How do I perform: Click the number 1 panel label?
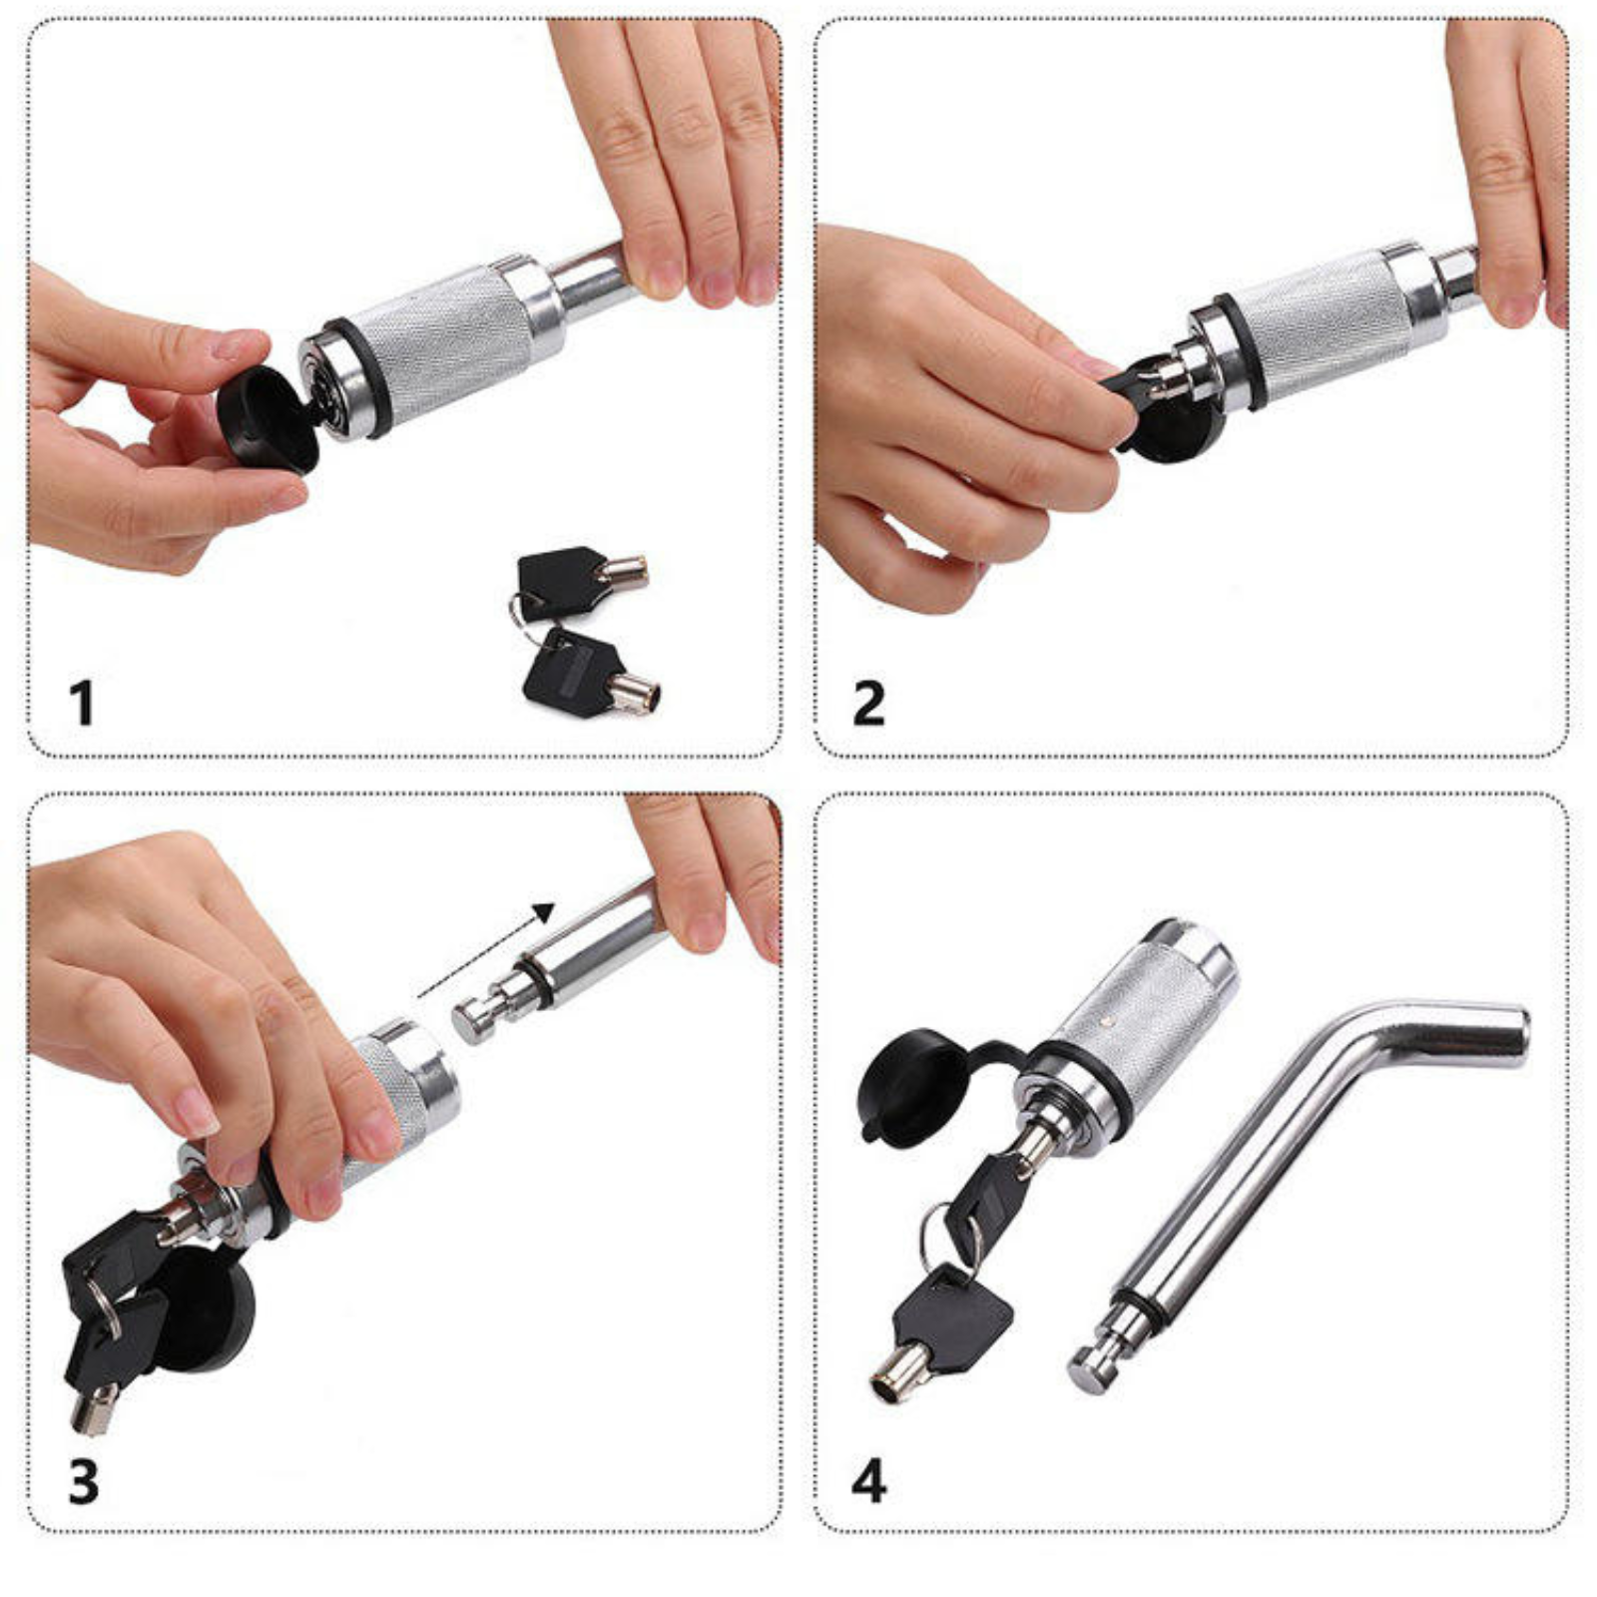click(82, 703)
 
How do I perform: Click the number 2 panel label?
click(868, 703)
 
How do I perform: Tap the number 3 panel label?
click(84, 1481)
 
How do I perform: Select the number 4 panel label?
click(868, 1481)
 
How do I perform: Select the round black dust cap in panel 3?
click(205, 1308)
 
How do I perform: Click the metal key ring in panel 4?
click(948, 1238)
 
